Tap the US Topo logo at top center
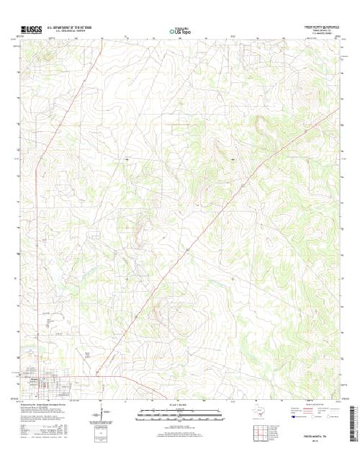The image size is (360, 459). (180, 30)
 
